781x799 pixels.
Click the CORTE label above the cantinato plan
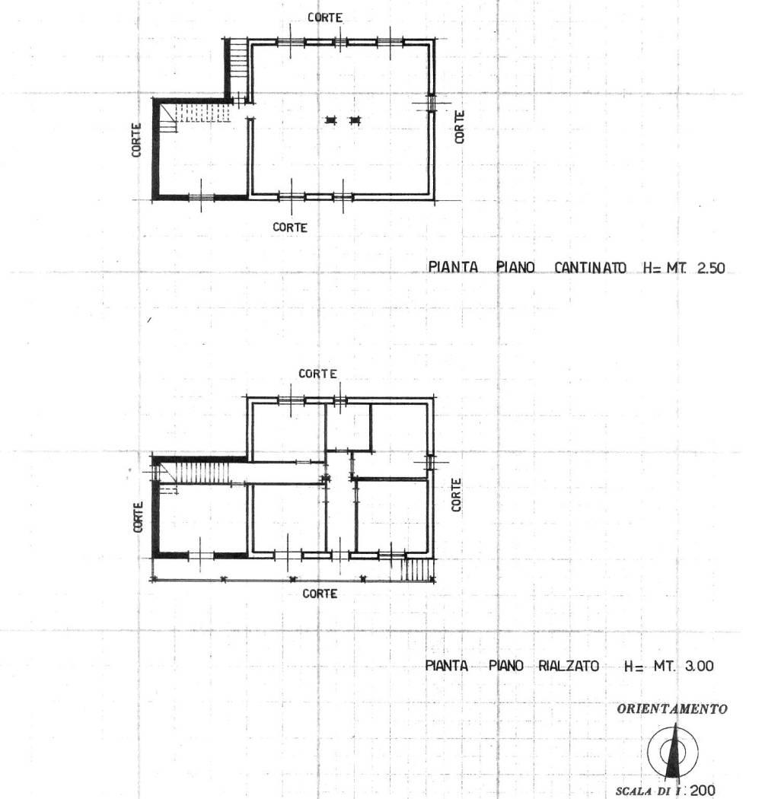325,18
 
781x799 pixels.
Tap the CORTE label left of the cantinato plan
136,139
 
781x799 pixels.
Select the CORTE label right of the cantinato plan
459,127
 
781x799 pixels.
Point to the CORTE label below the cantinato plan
290,228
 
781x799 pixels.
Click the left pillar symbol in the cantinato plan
331,120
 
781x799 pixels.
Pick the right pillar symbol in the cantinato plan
355,120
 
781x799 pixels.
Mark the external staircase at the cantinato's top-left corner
237,59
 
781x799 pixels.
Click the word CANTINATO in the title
591,268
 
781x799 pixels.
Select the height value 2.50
711,268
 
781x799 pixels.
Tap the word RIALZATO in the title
569,666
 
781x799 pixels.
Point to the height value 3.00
699,666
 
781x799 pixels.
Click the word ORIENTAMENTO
672,708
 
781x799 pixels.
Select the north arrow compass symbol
673,751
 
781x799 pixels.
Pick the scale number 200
703,791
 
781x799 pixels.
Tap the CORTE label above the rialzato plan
317,374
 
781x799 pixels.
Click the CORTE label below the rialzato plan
320,594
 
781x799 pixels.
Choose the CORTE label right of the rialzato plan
456,495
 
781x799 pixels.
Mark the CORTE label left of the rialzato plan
138,517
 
